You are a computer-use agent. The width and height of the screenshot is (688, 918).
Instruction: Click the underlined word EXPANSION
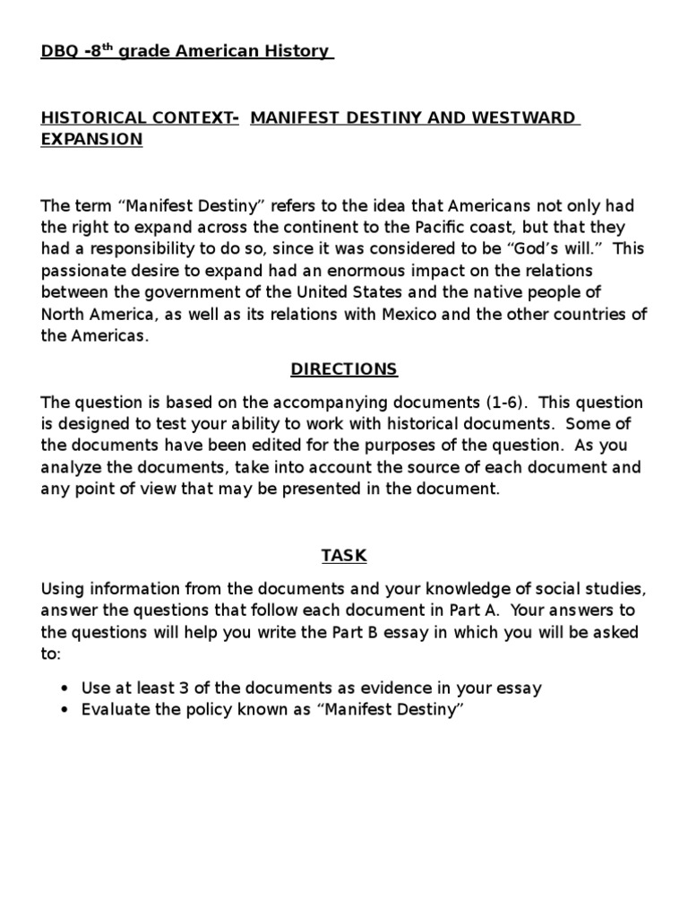point(91,140)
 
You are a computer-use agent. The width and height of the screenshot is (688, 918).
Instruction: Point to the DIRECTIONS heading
point(344,369)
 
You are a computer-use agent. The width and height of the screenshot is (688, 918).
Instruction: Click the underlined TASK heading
point(344,556)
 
